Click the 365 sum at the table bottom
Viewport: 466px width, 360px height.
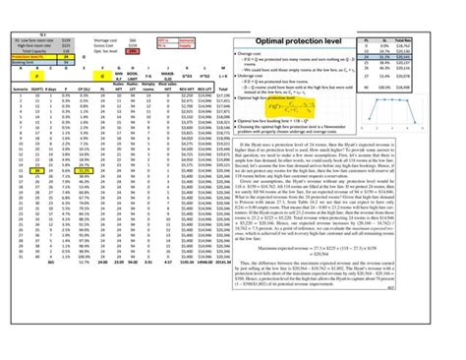(x=36, y=318)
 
